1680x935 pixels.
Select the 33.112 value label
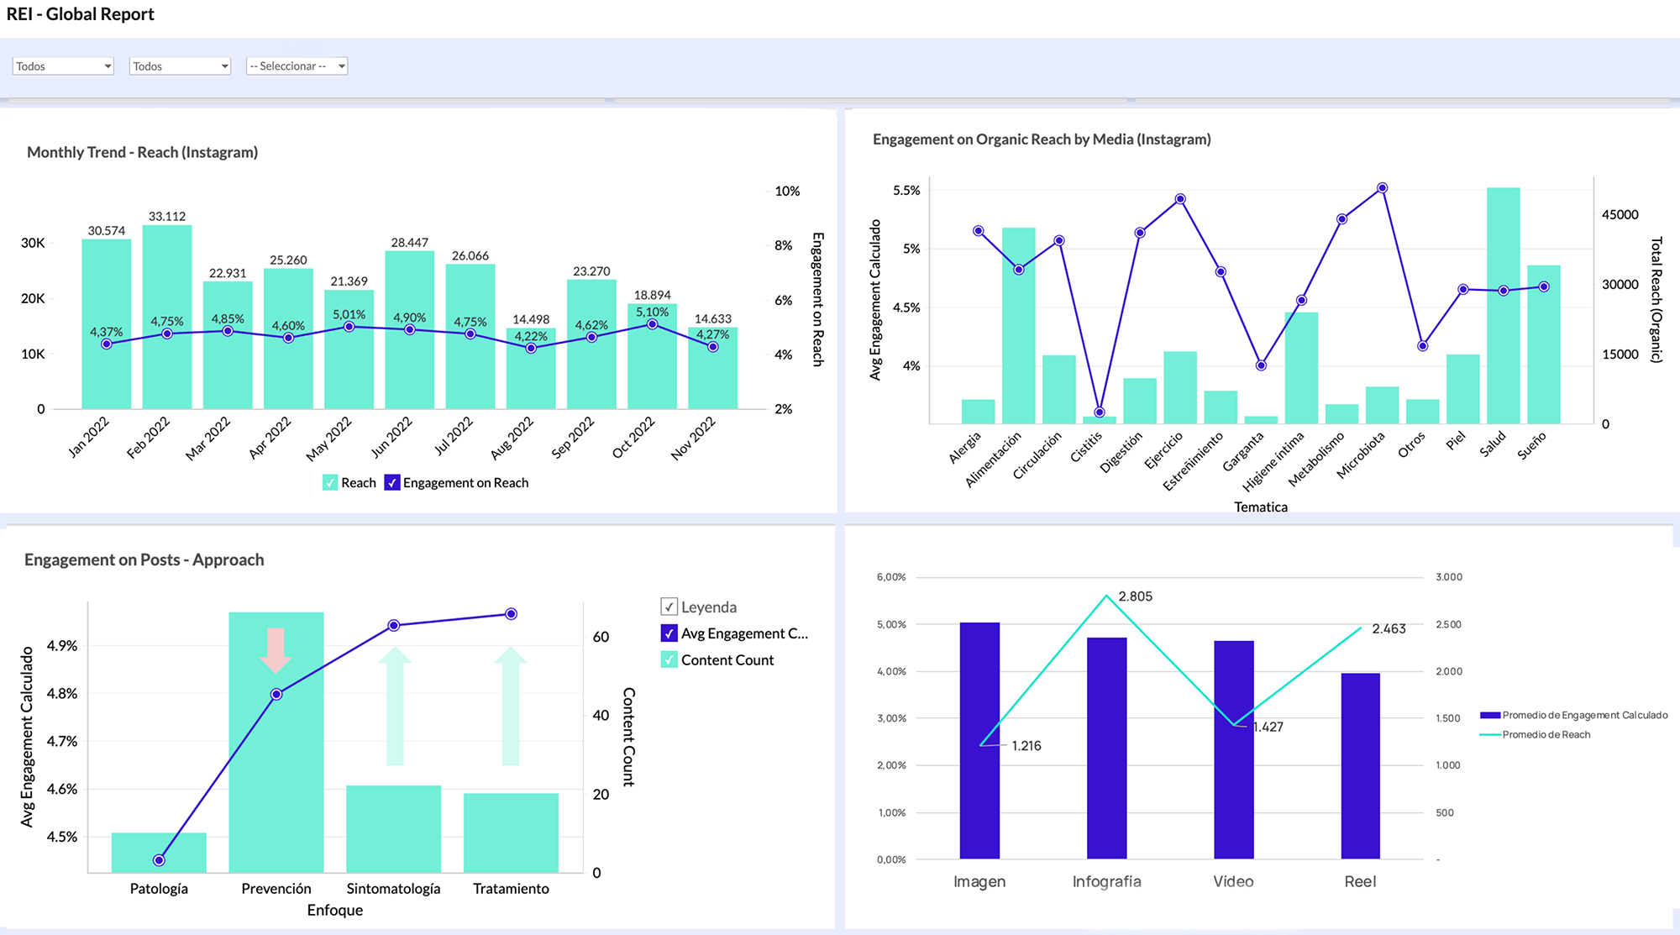click(167, 216)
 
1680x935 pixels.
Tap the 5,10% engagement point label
click(652, 312)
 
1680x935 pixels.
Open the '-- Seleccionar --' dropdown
click(297, 66)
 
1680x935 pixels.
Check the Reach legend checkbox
click(330, 482)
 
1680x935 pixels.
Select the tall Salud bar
click(1503, 319)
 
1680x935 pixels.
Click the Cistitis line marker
click(1100, 412)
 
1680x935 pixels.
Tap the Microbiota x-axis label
click(1360, 454)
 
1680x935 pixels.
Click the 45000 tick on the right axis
click(1620, 214)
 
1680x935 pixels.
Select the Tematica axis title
click(1260, 507)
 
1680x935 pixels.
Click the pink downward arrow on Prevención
click(276, 650)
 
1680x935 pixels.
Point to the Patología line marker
click(159, 859)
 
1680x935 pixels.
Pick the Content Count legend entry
click(727, 659)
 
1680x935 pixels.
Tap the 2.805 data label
click(1135, 596)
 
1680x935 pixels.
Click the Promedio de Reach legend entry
click(1545, 734)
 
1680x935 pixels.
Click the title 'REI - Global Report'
click(81, 14)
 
